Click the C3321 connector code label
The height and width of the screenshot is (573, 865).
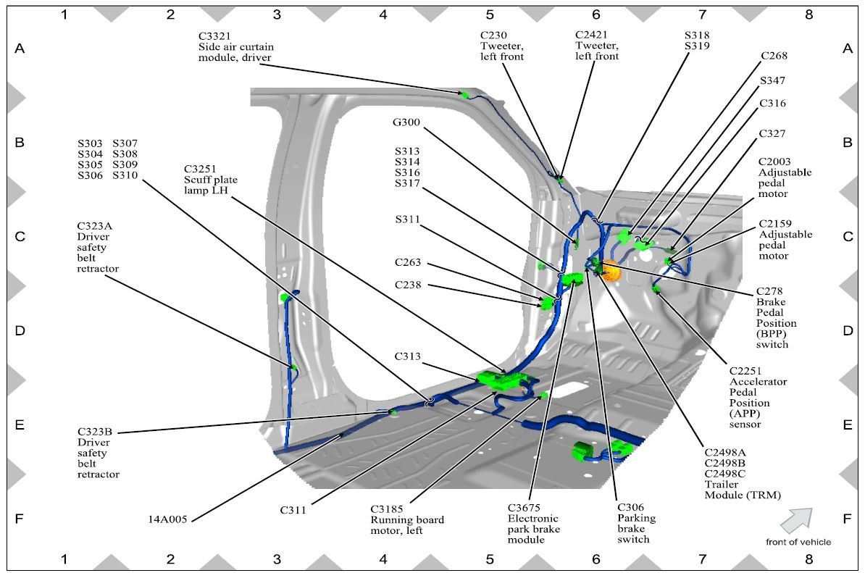[x=215, y=35]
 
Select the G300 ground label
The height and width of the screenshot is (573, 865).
[x=407, y=122]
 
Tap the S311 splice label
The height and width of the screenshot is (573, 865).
[x=407, y=219]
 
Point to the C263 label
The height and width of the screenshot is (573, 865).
[x=408, y=262]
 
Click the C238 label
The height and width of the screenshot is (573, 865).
[x=408, y=285]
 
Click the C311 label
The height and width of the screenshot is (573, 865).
[x=293, y=510]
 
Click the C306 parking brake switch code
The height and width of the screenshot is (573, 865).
[x=630, y=507]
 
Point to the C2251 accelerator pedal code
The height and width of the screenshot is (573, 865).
[x=747, y=370]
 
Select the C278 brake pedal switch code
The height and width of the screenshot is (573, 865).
[x=768, y=291]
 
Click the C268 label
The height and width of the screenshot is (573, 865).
[x=774, y=56]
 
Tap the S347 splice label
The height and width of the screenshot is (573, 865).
[x=772, y=80]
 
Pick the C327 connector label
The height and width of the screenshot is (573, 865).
[x=772, y=134]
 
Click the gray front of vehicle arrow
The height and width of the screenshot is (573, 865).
[x=797, y=519]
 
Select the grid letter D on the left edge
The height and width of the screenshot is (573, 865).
[x=20, y=330]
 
